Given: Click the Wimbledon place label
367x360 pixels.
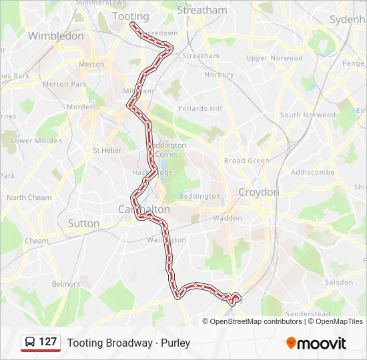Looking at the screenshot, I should (x=56, y=36).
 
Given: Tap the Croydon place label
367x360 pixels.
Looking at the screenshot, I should (x=259, y=192).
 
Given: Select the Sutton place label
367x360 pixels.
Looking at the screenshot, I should (x=83, y=223).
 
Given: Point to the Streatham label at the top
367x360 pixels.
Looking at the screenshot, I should (x=203, y=11).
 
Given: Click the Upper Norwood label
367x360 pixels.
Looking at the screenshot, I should (x=274, y=58).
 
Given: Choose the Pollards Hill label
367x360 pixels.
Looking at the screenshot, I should (x=200, y=109).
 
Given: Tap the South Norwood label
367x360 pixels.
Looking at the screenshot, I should (x=308, y=115).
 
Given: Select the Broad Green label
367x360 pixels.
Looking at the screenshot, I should (x=246, y=161).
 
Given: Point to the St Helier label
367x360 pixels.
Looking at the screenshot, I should (x=107, y=151).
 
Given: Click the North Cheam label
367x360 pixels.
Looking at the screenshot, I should (x=29, y=198).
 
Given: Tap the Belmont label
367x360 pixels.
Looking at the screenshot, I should (x=66, y=284).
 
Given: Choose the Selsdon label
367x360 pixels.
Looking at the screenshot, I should (x=338, y=283).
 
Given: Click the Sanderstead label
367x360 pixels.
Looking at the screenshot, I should (x=308, y=313).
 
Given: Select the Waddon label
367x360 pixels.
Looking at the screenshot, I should (x=228, y=218).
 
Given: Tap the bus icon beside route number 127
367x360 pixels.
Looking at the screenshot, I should (x=30, y=343).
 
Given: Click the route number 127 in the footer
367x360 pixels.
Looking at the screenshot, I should (x=48, y=343).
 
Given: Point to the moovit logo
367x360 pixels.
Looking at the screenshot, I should (x=316, y=343).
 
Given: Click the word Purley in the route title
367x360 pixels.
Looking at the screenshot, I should (x=175, y=343).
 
